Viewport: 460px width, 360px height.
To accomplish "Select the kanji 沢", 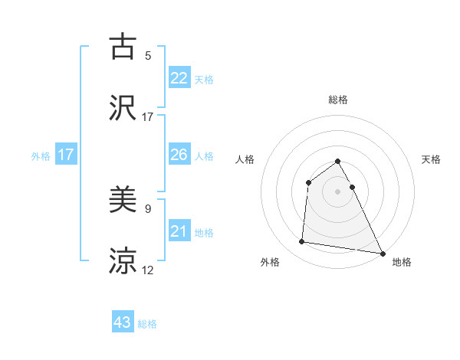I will [x=123, y=108].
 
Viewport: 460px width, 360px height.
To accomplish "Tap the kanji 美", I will [x=123, y=201].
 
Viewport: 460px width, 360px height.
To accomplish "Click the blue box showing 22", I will [x=179, y=78].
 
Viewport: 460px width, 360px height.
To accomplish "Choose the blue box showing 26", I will [x=179, y=155].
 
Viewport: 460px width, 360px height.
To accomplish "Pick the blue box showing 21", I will [x=179, y=232].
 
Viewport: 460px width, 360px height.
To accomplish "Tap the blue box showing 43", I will [x=123, y=322].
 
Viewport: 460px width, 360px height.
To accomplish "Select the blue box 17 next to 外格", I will [x=66, y=155].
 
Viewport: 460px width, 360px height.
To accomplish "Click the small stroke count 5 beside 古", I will [x=148, y=56].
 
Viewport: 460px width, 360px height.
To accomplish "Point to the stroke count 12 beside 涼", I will [x=148, y=270].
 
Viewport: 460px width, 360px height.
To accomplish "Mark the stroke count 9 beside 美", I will [x=148, y=208].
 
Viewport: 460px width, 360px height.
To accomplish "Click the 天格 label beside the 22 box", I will [x=204, y=80].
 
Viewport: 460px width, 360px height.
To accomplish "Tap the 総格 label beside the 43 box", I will [x=147, y=324].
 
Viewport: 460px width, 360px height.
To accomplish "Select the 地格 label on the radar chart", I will [x=401, y=263].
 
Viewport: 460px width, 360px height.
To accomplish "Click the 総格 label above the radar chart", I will [x=337, y=100].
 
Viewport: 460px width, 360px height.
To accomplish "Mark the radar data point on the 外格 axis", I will [x=302, y=242].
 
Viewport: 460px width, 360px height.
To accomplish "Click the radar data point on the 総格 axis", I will [x=337, y=162].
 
